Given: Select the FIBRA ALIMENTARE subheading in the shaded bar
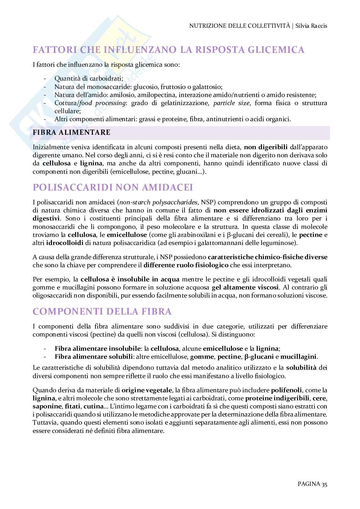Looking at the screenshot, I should coord(71,132).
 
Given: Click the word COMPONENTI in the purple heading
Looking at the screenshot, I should coord(60,311).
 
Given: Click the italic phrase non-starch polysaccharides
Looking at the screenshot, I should coord(158,202).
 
